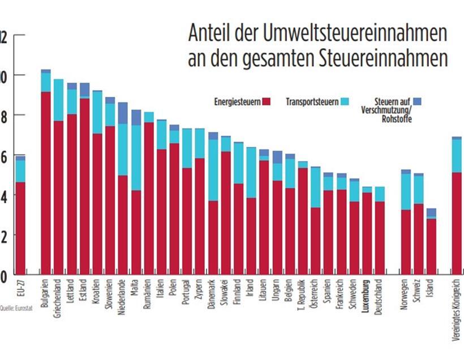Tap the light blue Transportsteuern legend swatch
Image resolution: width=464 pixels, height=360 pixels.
point(345,102)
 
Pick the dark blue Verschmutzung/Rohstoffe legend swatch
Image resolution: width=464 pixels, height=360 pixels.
point(418,102)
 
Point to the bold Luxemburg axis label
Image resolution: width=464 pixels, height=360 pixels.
point(367,294)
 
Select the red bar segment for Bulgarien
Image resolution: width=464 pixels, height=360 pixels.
point(46,181)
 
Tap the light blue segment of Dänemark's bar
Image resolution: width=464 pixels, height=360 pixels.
point(213,170)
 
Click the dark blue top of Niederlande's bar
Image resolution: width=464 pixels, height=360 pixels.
point(123,114)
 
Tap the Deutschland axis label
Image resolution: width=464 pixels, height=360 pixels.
point(380,295)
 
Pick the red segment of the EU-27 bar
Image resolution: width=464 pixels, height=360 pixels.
point(20,226)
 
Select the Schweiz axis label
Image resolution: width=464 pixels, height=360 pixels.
point(418,289)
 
